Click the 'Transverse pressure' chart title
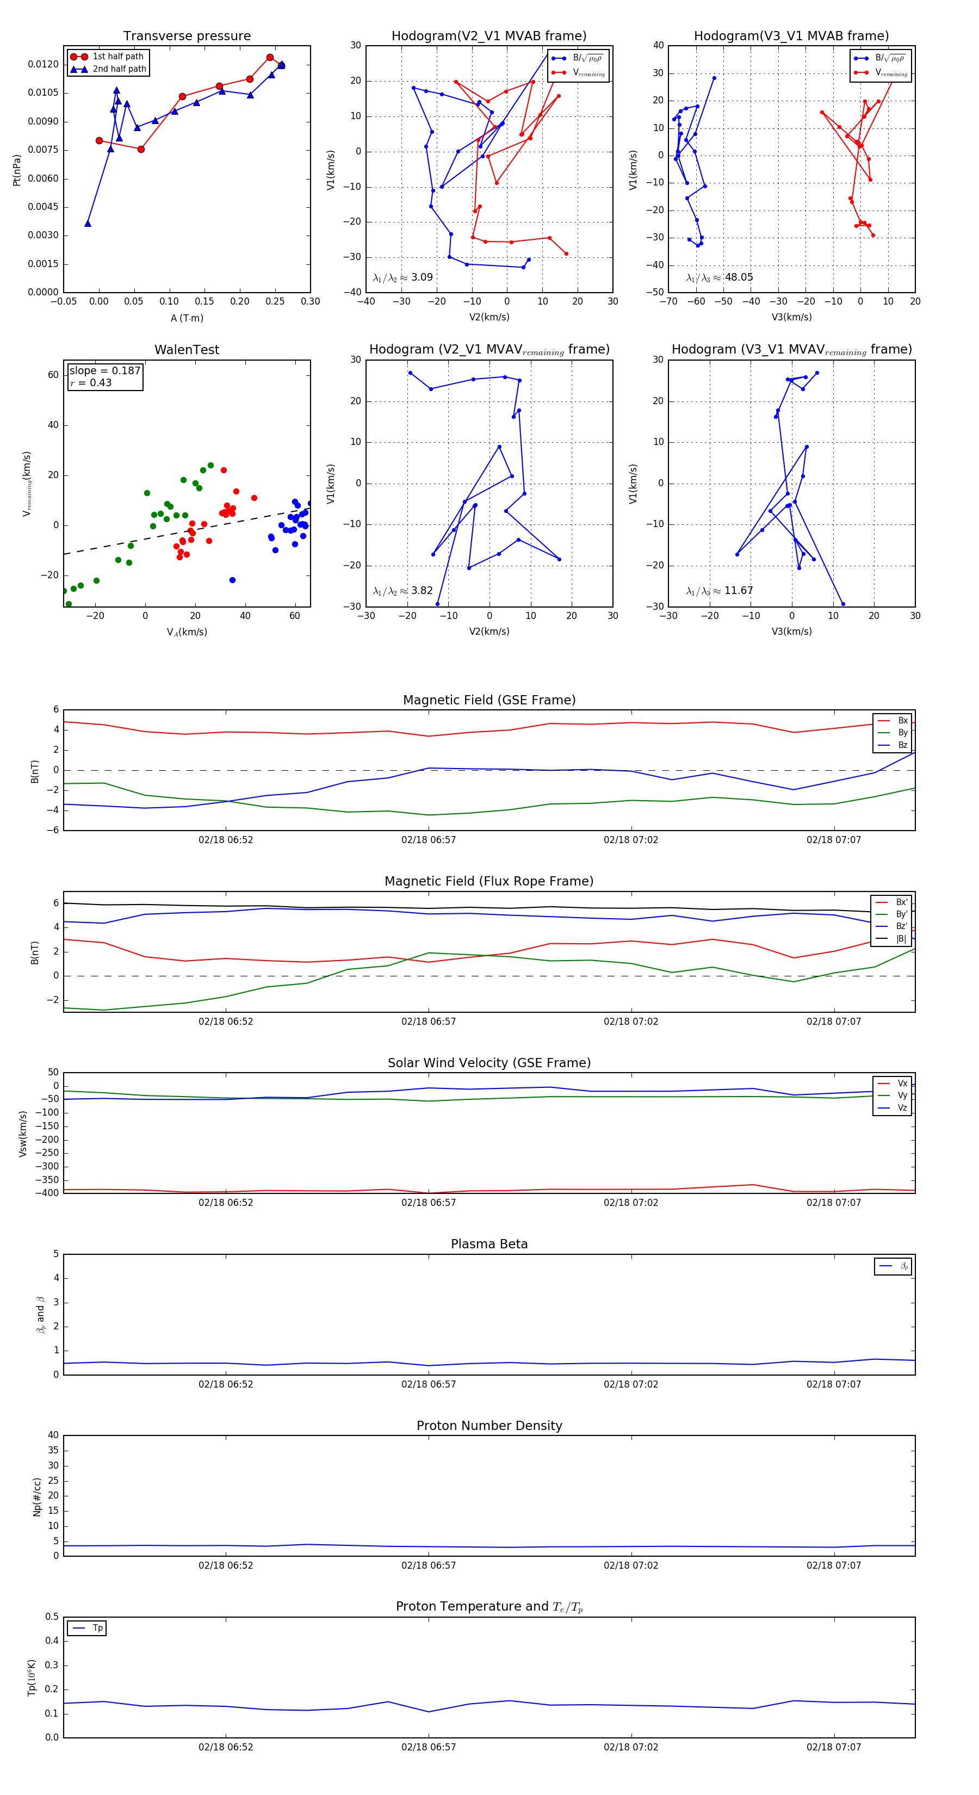(187, 36)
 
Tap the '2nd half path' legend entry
(119, 69)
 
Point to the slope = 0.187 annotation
(104, 371)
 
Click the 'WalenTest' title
(187, 350)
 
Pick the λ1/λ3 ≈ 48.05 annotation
(719, 277)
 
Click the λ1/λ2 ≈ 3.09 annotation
(402, 277)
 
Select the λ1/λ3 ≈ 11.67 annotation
(719, 591)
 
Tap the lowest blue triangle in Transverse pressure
(88, 224)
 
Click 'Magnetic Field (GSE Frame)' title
(489, 700)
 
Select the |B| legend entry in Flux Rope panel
(901, 939)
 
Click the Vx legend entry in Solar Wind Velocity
(902, 1084)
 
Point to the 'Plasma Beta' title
(489, 1245)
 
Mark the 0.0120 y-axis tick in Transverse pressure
(43, 64)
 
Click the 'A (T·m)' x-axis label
(187, 318)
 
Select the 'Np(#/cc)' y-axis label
(37, 1497)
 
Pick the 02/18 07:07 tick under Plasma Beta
(833, 1384)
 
